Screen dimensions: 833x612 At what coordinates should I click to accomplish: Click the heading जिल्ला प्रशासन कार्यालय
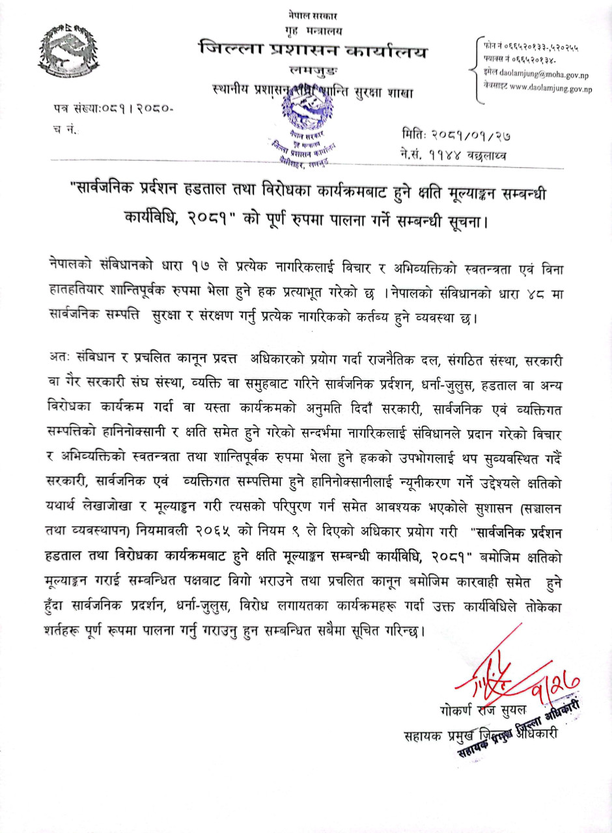pyautogui.click(x=314, y=49)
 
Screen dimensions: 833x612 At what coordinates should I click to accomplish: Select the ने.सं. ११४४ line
pyautogui.click(x=454, y=156)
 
